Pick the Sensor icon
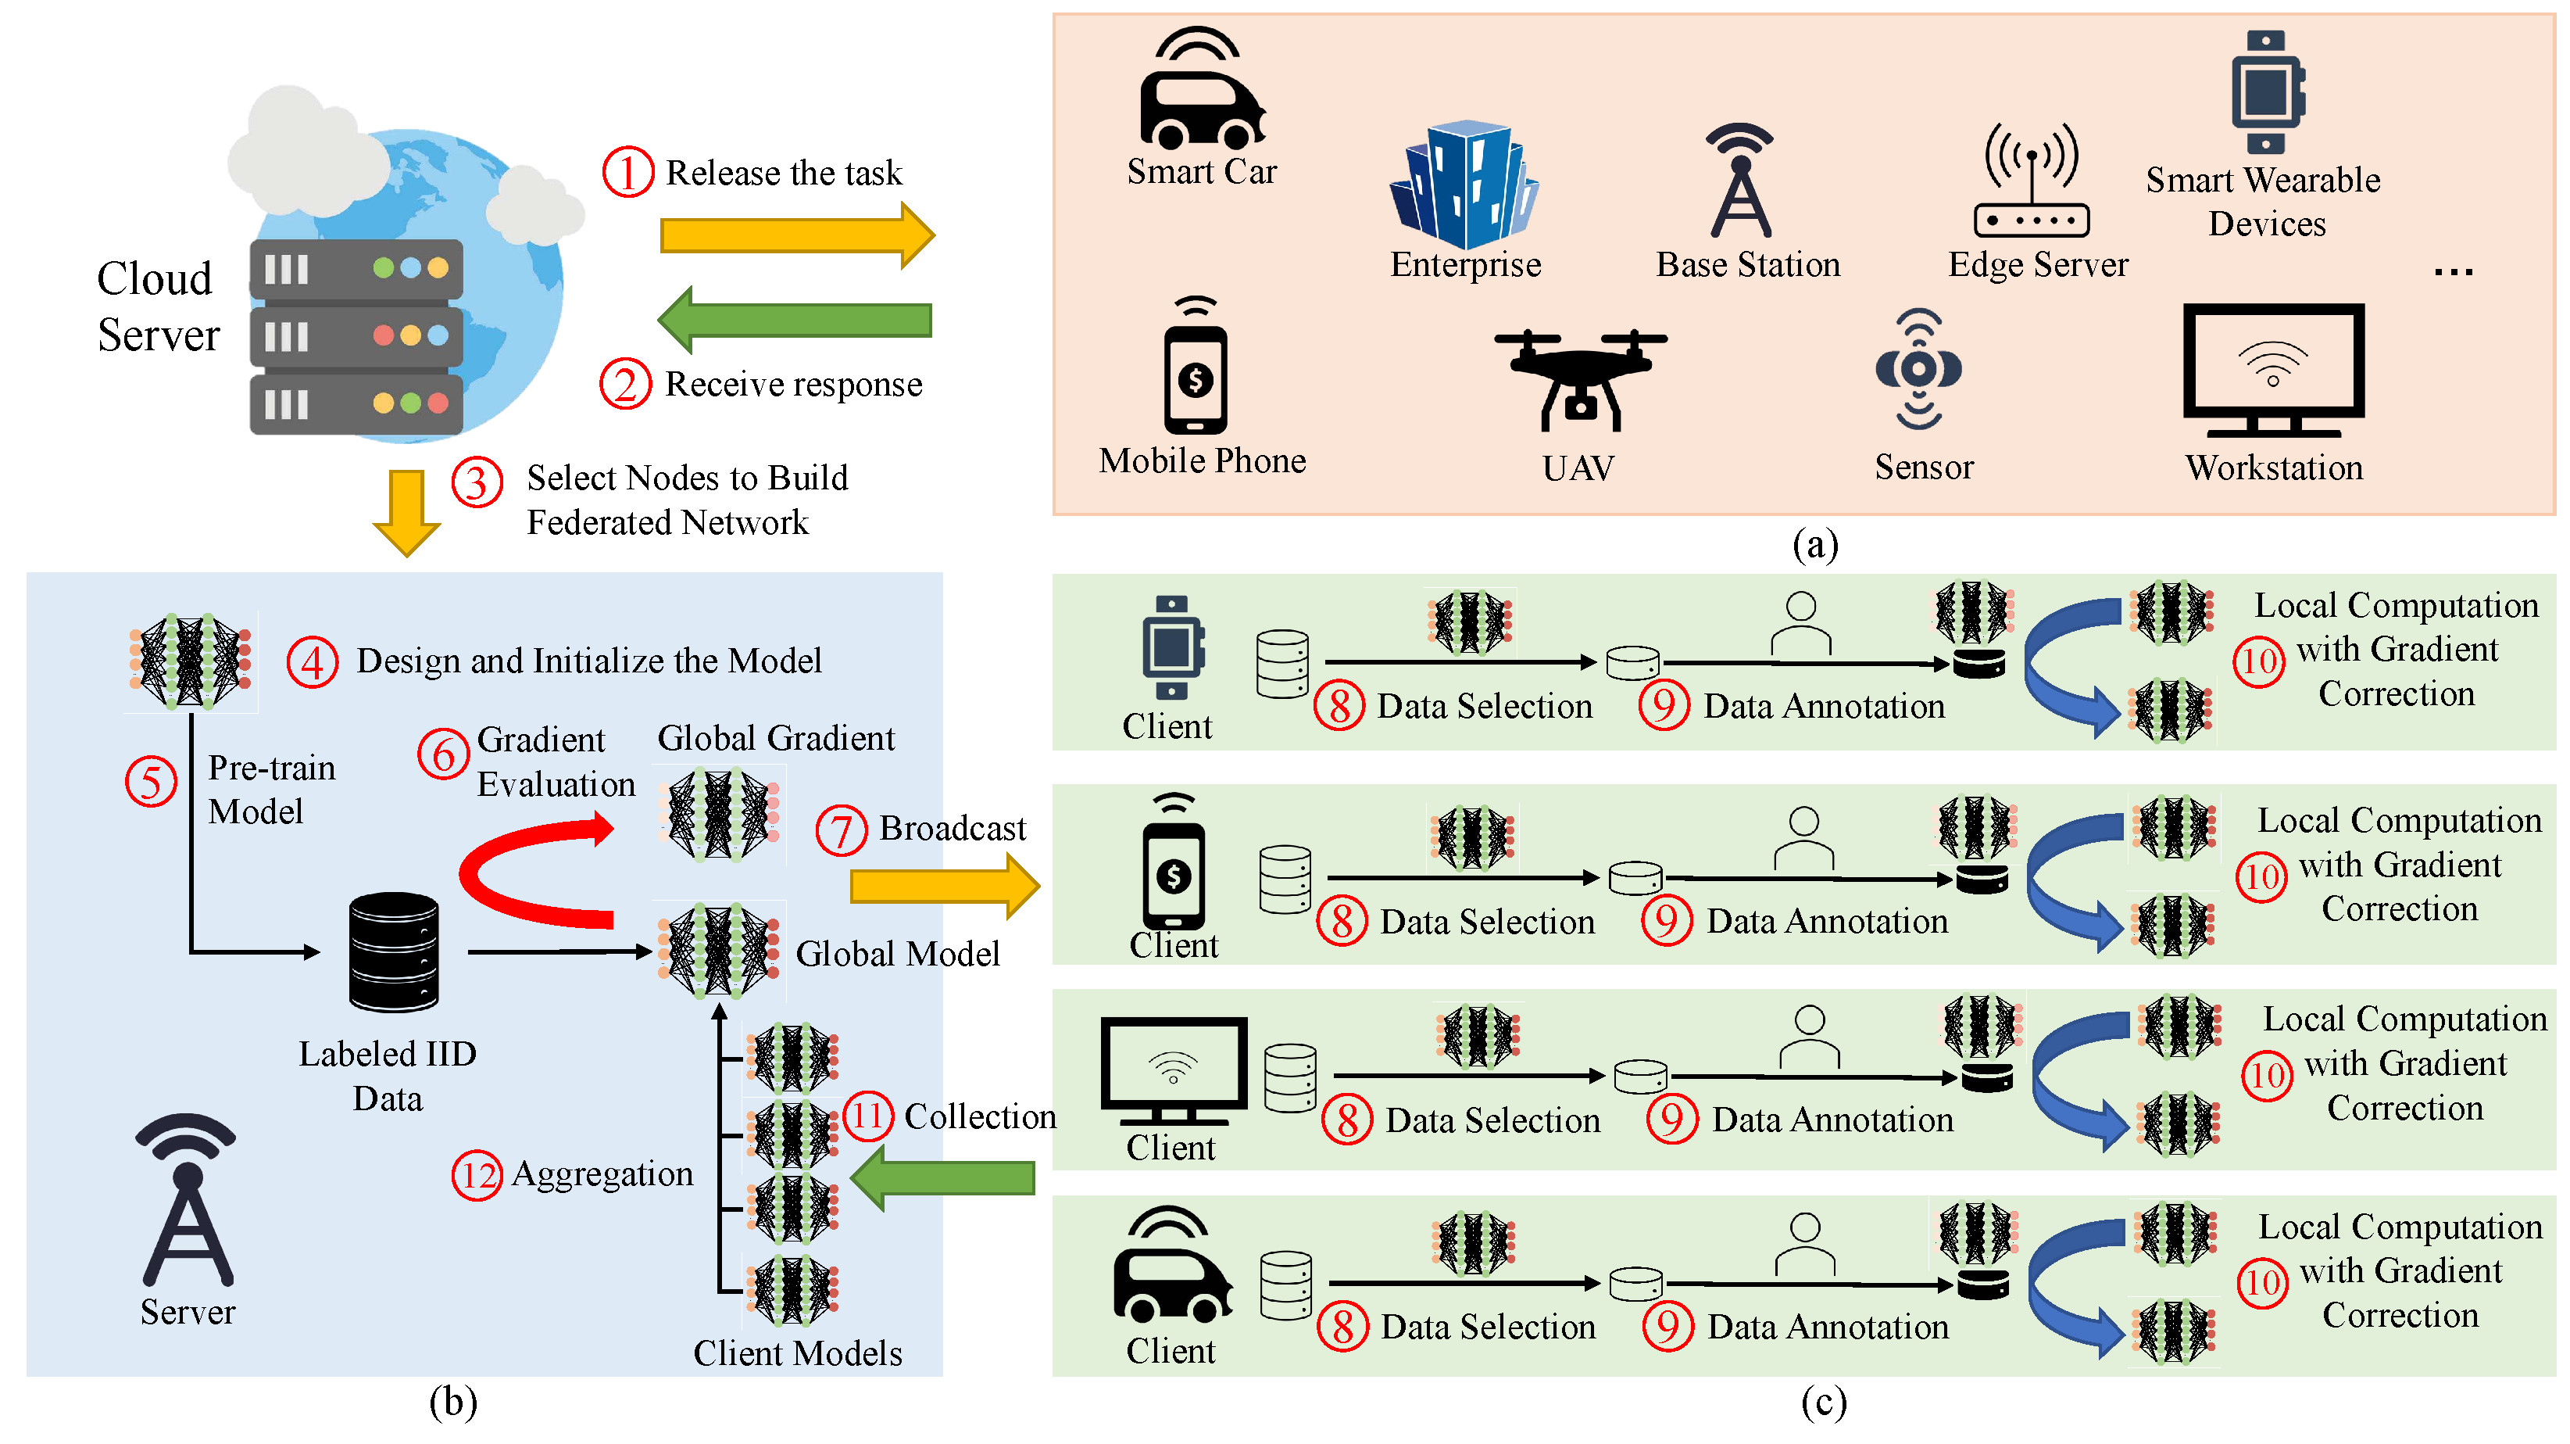[1918, 369]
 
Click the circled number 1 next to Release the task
[627, 173]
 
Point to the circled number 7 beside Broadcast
[841, 830]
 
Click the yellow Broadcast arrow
[944, 885]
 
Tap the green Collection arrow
[944, 1178]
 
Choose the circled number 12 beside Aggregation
[477, 1176]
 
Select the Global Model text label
[897, 954]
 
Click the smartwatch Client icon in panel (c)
[1171, 647]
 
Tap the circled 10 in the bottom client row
[2261, 1282]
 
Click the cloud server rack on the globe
[356, 336]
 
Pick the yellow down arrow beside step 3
[407, 512]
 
